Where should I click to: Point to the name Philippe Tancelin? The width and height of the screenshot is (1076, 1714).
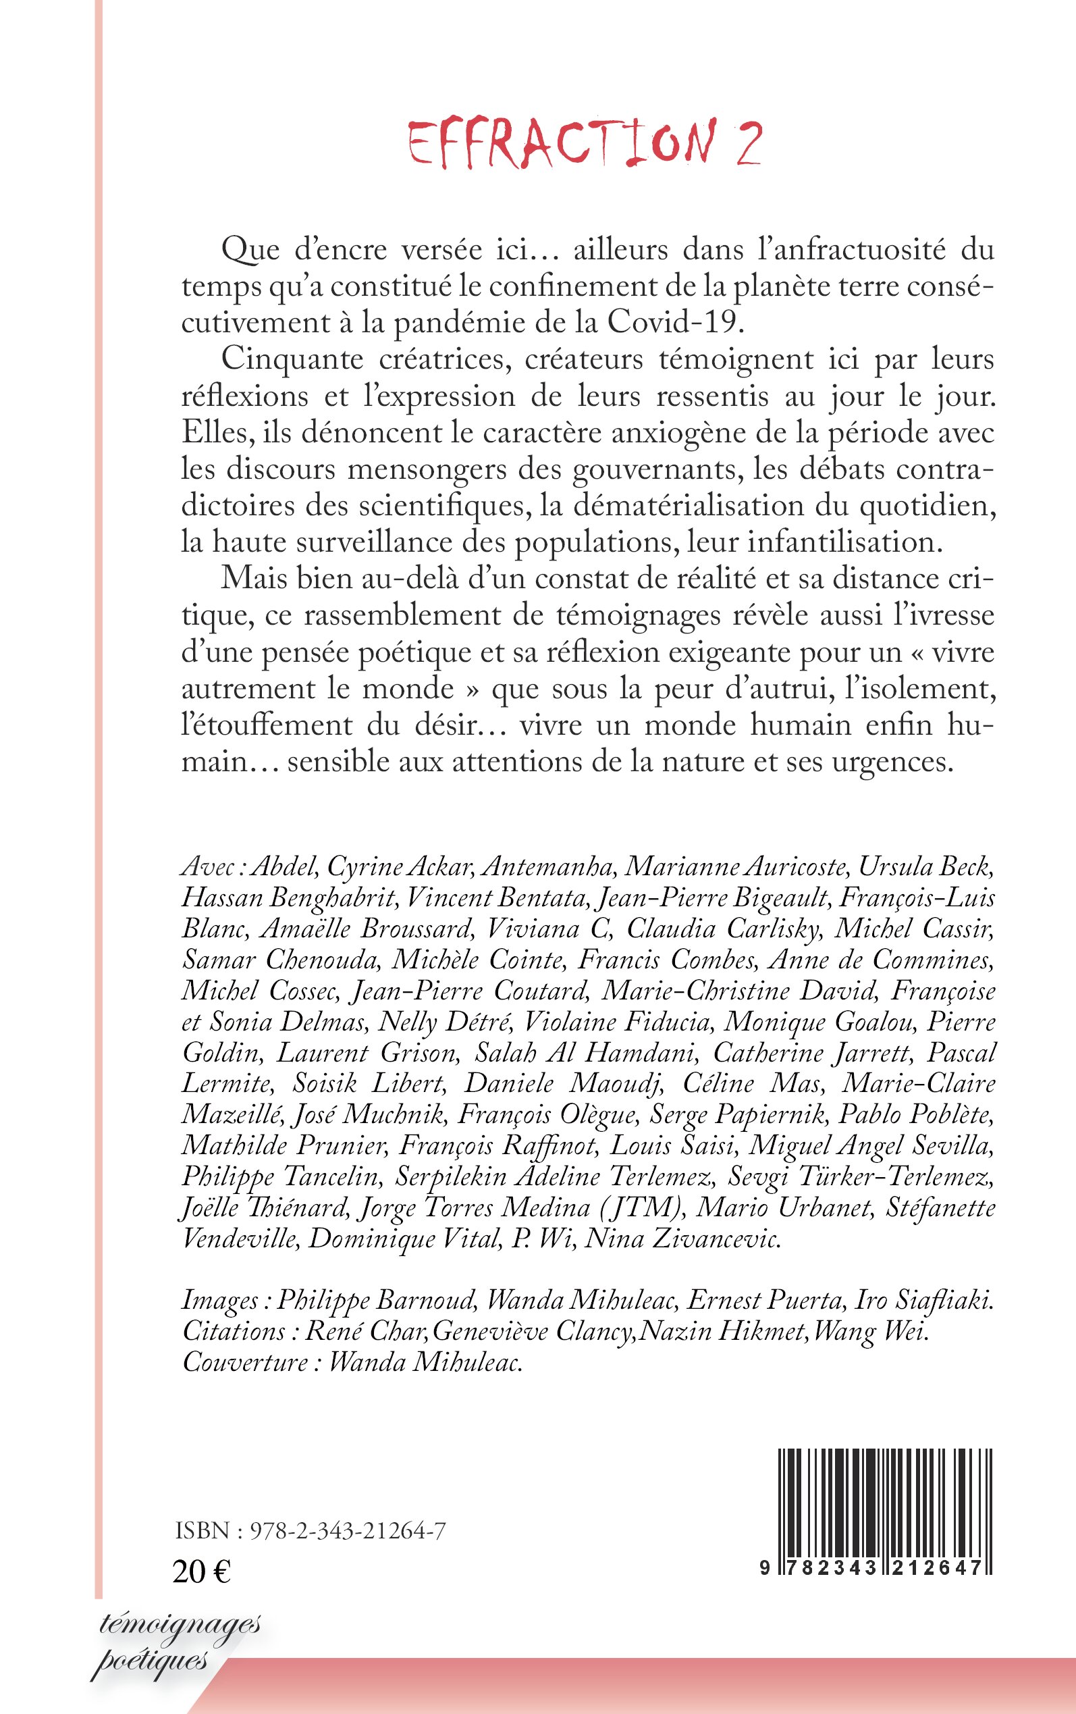click(x=280, y=1176)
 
